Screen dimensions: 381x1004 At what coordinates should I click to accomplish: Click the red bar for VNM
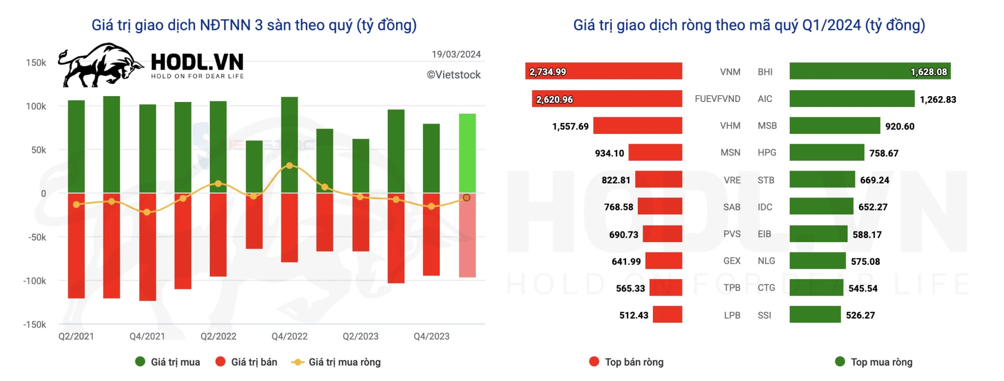(603, 71)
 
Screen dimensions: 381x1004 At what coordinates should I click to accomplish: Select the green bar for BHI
(870, 71)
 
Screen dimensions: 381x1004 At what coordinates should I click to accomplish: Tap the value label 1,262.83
(937, 100)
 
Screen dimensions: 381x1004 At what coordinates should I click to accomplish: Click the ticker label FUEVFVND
(717, 99)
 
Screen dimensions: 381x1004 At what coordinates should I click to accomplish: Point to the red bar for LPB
(667, 315)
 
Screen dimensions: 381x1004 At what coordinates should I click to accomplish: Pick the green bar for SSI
(815, 315)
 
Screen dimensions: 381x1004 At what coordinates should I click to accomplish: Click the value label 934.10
(609, 153)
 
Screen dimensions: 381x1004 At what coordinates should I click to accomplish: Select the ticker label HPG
(767, 152)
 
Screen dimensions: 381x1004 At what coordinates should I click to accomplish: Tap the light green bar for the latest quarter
(467, 153)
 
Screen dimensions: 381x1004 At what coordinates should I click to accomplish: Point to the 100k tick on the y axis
(36, 106)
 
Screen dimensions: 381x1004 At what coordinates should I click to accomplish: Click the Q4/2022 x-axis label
(289, 336)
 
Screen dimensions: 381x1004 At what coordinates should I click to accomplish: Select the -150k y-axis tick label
(35, 325)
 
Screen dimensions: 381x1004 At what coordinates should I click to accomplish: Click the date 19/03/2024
(456, 54)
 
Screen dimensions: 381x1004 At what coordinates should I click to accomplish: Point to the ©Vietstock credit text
(453, 75)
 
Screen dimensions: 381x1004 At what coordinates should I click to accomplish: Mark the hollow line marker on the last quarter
(467, 198)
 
